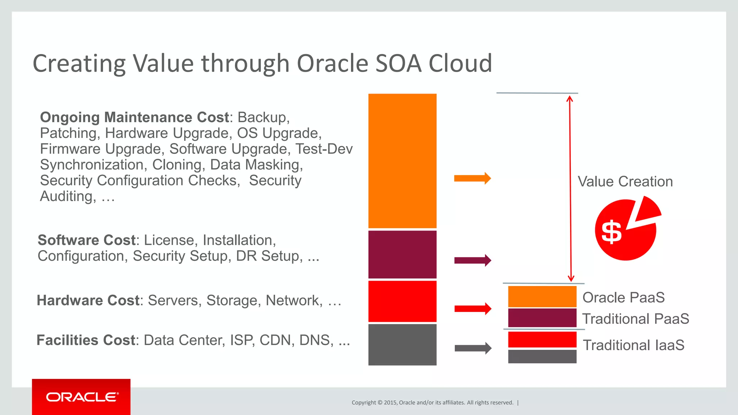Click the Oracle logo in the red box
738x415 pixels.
pyautogui.click(x=82, y=397)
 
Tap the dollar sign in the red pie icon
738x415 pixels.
pyautogui.click(x=612, y=232)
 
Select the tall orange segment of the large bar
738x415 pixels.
pyautogui.click(x=402, y=161)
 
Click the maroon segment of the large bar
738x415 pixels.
pyautogui.click(x=402, y=254)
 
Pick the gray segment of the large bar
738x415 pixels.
pyautogui.click(x=402, y=345)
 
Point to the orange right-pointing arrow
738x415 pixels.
pyautogui.click(x=472, y=178)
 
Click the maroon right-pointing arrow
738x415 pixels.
pyautogui.click(x=472, y=260)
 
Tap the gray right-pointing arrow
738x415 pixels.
pyautogui.click(x=473, y=348)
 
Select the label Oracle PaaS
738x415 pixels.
pyautogui.click(x=623, y=298)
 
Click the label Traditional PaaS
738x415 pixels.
pyautogui.click(x=635, y=319)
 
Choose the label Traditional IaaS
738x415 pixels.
pyautogui.click(x=633, y=345)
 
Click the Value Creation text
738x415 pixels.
pyautogui.click(x=625, y=182)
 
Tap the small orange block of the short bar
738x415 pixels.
pyautogui.click(x=542, y=296)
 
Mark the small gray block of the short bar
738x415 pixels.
pyautogui.click(x=542, y=356)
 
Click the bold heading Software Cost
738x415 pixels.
pyautogui.click(x=86, y=240)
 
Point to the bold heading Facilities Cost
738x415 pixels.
pyautogui.click(x=86, y=340)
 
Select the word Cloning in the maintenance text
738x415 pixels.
pyautogui.click(x=177, y=165)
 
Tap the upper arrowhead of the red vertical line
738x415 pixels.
pyautogui.click(x=570, y=98)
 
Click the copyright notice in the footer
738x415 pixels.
pyautogui.click(x=432, y=402)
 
